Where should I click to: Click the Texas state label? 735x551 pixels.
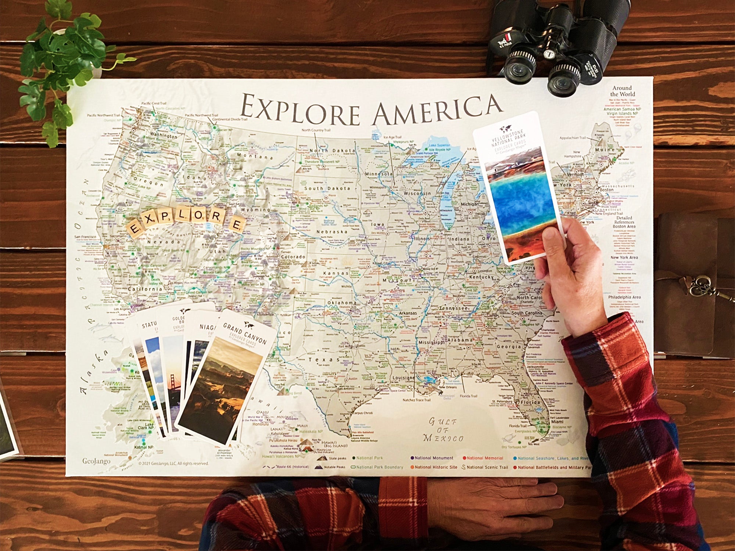(324, 360)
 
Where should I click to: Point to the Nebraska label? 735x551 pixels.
(332, 232)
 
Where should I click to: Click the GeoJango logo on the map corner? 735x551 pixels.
(96, 461)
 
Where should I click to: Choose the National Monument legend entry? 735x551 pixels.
(432, 458)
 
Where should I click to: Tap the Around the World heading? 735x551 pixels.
(622, 91)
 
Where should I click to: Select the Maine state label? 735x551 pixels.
(605, 150)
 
